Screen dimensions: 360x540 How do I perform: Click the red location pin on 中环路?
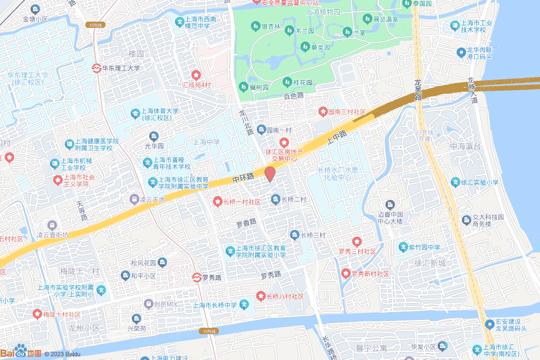click(269, 174)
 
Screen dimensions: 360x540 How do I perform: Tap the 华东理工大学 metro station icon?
click(97, 68)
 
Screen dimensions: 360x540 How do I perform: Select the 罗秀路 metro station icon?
click(196, 276)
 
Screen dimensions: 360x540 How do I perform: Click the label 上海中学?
click(206, 142)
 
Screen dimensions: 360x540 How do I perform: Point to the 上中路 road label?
click(336, 139)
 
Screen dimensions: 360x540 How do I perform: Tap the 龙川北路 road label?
click(246, 123)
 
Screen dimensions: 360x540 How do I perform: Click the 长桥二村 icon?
click(275, 199)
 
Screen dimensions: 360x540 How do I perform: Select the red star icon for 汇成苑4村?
click(196, 75)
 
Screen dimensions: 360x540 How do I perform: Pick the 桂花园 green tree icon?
click(287, 82)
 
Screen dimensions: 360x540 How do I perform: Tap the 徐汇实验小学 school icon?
click(456, 182)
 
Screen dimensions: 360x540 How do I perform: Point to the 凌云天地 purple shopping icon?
click(134, 200)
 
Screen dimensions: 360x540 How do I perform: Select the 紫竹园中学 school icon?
click(403, 247)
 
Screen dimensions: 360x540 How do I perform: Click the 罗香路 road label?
click(246, 223)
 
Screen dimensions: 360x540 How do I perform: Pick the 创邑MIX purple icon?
click(149, 304)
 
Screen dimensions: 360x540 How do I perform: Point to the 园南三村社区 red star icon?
click(323, 112)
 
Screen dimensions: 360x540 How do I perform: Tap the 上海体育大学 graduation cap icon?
click(135, 113)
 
